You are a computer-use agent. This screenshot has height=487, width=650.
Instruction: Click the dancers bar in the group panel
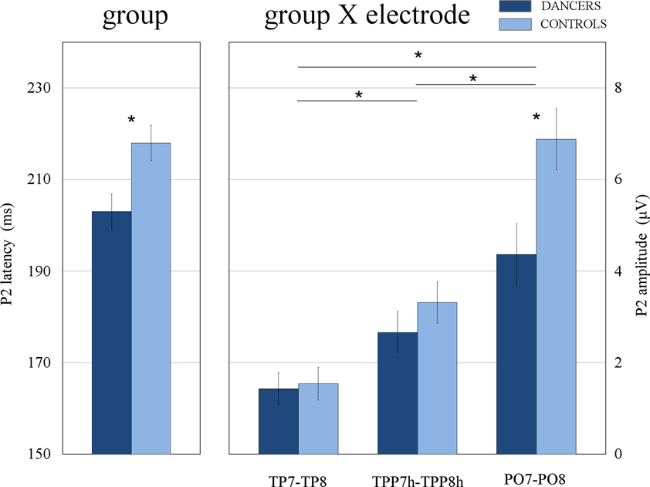tap(111, 332)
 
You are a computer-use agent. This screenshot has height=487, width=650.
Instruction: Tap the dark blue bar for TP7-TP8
tap(278, 421)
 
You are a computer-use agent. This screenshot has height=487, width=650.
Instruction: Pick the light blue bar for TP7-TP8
tap(318, 418)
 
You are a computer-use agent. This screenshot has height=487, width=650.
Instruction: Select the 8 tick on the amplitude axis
tap(618, 88)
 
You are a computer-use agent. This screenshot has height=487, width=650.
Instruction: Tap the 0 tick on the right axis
tap(618, 454)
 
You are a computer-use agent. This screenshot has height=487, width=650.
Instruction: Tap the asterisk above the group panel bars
tap(131, 121)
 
